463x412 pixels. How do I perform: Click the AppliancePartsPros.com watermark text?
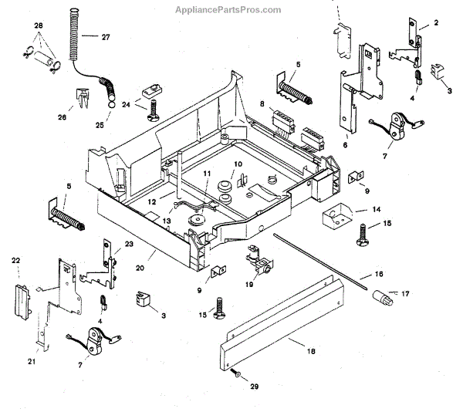coord(228,10)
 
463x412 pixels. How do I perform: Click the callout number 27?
coord(106,37)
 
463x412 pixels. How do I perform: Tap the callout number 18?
coord(311,351)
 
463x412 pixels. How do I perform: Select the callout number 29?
coord(254,387)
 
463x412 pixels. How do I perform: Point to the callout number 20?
coord(140,268)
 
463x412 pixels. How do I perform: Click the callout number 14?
coord(377,210)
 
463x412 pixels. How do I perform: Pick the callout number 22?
coord(15,261)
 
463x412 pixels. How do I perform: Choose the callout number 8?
coord(262,104)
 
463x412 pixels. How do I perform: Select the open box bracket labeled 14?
coord(337,216)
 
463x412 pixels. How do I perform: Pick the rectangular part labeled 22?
coord(22,302)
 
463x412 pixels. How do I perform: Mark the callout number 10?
coord(238,164)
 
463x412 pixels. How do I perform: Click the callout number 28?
coord(39,25)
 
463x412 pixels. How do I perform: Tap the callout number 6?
coord(345,145)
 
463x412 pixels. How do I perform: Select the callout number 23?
coord(129,244)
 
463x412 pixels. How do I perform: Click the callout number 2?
coord(436,22)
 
